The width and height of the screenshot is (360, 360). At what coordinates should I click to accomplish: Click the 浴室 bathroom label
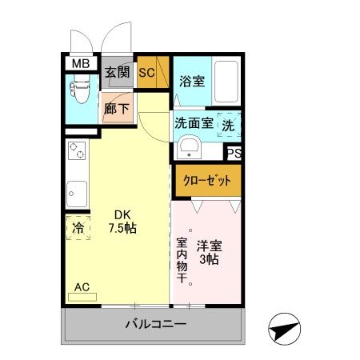[x=192, y=80]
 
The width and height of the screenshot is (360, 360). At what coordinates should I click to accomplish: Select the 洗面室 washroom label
[x=194, y=124]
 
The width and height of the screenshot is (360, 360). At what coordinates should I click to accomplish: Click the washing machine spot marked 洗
[x=229, y=126]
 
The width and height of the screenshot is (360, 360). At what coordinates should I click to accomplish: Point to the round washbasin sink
[x=189, y=149]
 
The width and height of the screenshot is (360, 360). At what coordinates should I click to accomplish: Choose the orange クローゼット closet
[x=207, y=179]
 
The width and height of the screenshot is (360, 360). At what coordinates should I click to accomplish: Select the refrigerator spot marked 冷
[x=78, y=228]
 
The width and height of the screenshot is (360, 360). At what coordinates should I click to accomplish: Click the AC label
[x=82, y=286]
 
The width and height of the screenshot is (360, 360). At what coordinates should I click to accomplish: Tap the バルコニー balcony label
[x=155, y=325]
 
